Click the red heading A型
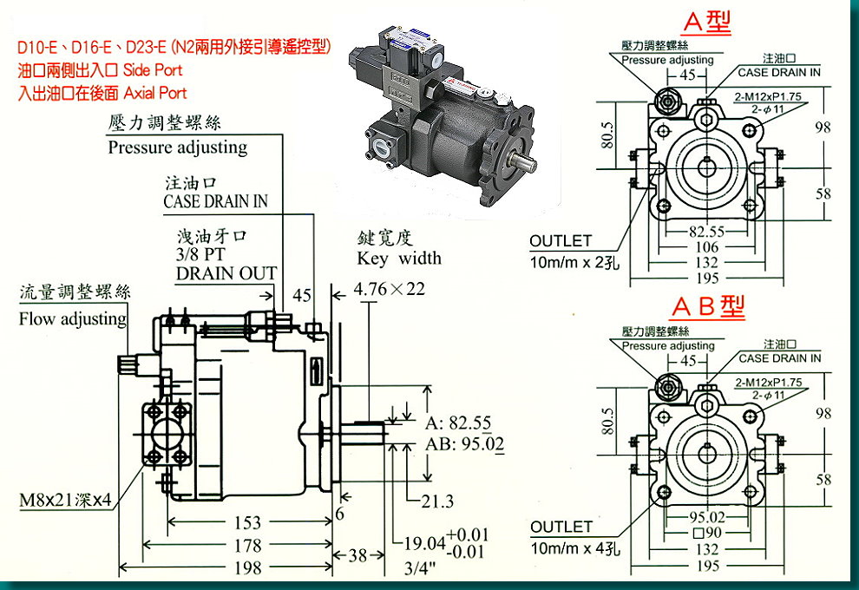tap(707, 20)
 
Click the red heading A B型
tap(707, 308)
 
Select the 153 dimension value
tap(247, 522)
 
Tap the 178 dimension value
tap(247, 546)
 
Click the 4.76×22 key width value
tap(390, 288)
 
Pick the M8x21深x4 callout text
tap(65, 501)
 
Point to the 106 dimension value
tap(707, 247)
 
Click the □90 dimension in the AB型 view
tap(707, 533)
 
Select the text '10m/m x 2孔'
tap(576, 262)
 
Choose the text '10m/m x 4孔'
tap(576, 548)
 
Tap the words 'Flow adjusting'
tap(73, 318)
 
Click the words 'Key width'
tap(399, 259)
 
